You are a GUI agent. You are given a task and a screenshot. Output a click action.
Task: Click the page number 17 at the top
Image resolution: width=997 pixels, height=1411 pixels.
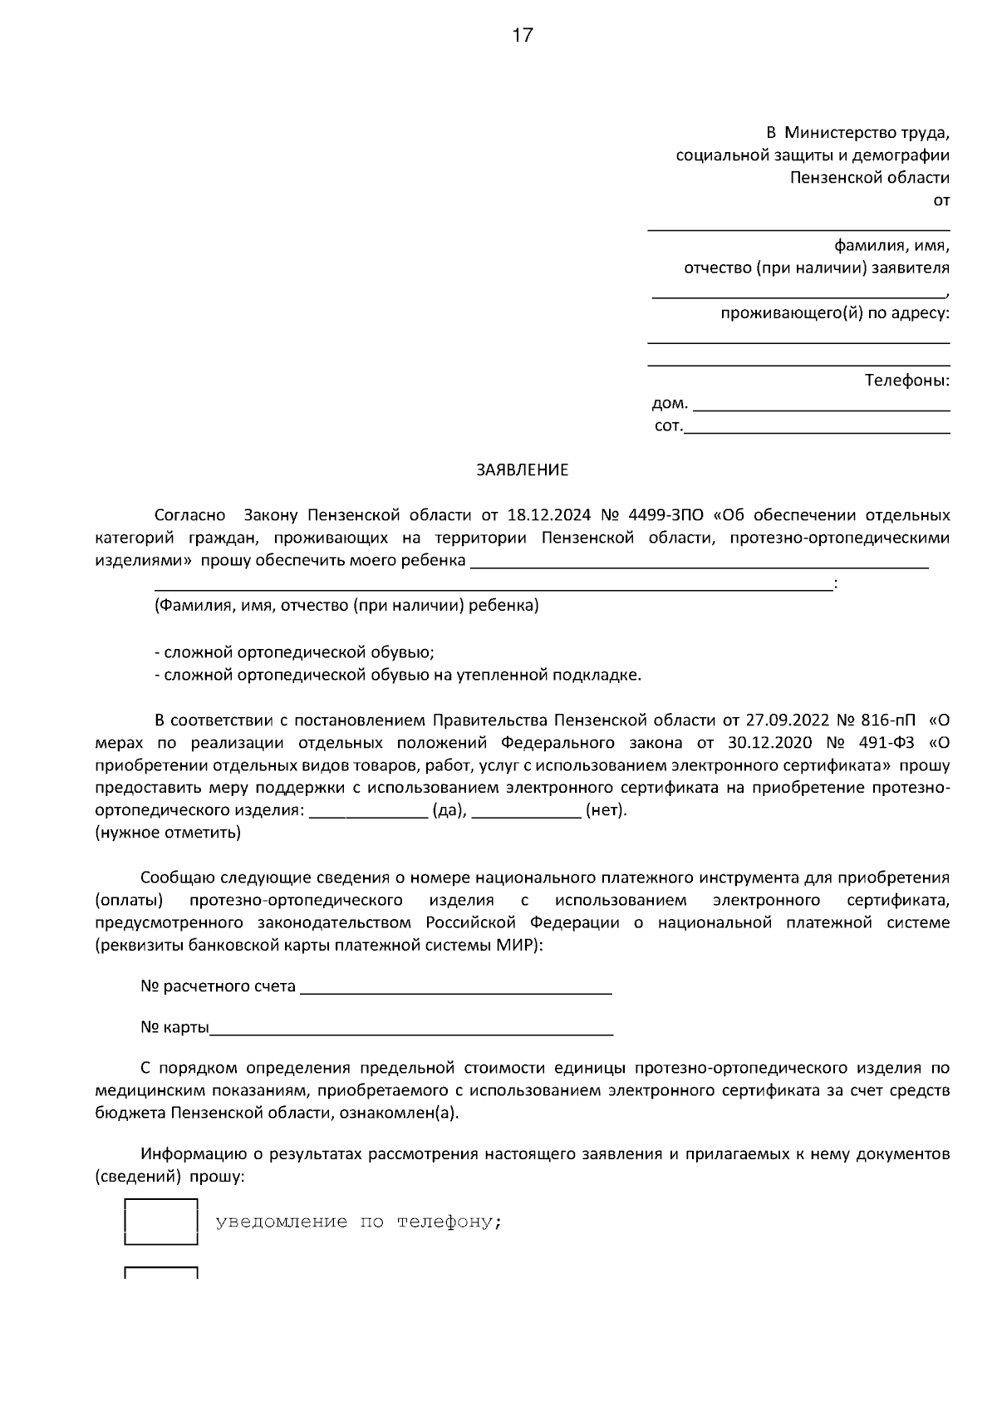pyautogui.click(x=522, y=36)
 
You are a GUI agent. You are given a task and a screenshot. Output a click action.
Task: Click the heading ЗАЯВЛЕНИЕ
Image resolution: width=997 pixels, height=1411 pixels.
pyautogui.click(x=522, y=470)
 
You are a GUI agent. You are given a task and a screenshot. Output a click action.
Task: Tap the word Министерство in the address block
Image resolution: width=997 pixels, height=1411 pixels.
pyautogui.click(x=840, y=132)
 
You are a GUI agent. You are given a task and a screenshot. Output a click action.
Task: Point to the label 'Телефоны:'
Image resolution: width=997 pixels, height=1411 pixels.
pyautogui.click(x=906, y=381)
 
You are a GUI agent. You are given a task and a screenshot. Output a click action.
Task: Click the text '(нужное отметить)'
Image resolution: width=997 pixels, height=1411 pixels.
pyautogui.click(x=168, y=833)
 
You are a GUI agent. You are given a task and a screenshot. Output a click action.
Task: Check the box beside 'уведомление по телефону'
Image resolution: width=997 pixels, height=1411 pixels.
pyautogui.click(x=160, y=1222)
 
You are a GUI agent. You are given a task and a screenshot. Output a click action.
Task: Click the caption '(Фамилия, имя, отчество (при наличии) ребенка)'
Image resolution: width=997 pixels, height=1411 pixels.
pyautogui.click(x=346, y=606)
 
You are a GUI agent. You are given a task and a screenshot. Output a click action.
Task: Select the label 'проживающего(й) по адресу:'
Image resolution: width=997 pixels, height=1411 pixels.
pyautogui.click(x=834, y=313)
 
